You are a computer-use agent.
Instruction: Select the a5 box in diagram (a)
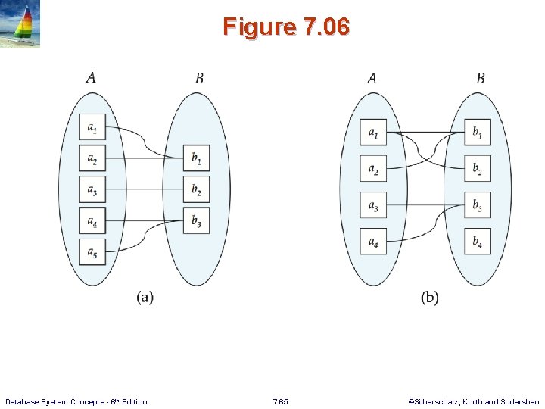coord(92,251)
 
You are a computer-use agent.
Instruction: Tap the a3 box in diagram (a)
coord(92,189)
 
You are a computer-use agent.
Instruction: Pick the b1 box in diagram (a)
coord(196,158)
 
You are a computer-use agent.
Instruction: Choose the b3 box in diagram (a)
coord(196,220)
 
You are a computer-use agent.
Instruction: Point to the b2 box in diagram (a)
coord(196,189)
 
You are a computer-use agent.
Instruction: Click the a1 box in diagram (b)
coord(373,133)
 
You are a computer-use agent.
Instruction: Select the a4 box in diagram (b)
coord(373,241)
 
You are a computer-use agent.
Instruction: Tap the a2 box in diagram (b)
coord(373,168)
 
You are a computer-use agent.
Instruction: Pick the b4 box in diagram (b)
coord(478,241)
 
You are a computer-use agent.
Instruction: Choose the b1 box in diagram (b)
coord(478,133)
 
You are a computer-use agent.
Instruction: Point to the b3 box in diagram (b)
coord(478,204)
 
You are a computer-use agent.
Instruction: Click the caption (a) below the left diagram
coord(145,298)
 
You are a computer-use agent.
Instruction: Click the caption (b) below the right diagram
coord(429,298)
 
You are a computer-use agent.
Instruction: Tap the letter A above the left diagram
coord(91,78)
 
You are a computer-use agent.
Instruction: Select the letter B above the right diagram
coord(481,78)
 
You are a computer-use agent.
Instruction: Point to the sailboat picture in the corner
coord(20,24)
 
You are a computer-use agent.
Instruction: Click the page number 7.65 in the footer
coord(279,401)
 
